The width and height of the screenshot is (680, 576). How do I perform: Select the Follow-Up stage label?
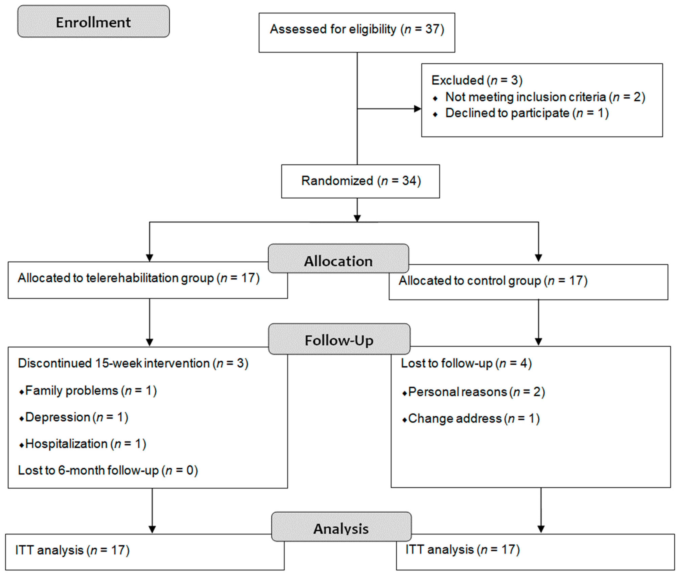click(339, 340)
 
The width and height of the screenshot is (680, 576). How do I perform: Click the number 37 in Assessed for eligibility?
click(433, 29)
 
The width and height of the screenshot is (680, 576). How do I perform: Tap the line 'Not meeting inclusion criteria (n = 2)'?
click(545, 97)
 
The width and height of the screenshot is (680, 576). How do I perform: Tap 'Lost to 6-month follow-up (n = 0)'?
click(108, 470)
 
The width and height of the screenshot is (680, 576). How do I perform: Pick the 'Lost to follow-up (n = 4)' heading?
click(466, 363)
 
